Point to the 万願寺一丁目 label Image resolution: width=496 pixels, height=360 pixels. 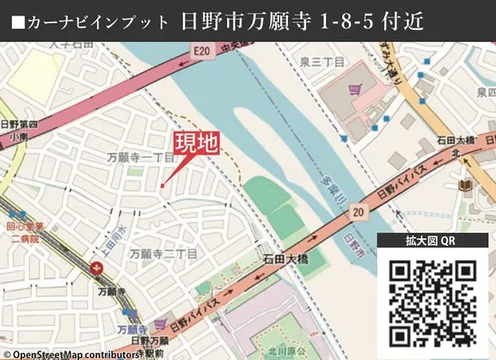pos(140,159)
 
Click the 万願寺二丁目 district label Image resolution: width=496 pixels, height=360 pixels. pos(163,253)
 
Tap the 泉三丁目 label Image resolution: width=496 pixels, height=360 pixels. pos(323,63)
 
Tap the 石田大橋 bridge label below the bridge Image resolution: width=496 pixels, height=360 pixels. pos(285,257)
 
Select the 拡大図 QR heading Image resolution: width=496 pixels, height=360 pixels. pos(431,242)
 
